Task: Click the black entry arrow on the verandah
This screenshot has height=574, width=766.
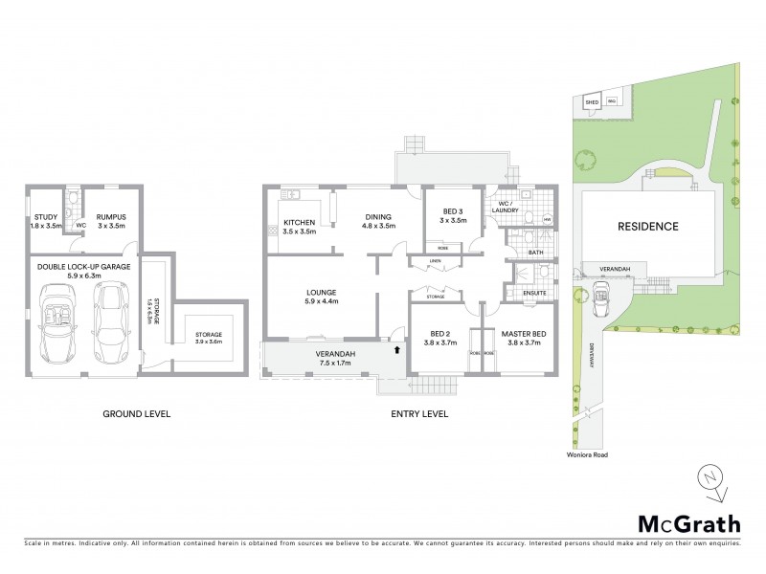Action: coord(395,351)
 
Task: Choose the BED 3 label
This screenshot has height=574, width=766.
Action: coord(453,215)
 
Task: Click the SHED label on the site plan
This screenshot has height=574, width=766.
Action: coord(592,101)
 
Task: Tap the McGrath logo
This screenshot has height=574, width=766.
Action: coord(688,523)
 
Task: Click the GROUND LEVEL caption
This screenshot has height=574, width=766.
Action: coord(136,414)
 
